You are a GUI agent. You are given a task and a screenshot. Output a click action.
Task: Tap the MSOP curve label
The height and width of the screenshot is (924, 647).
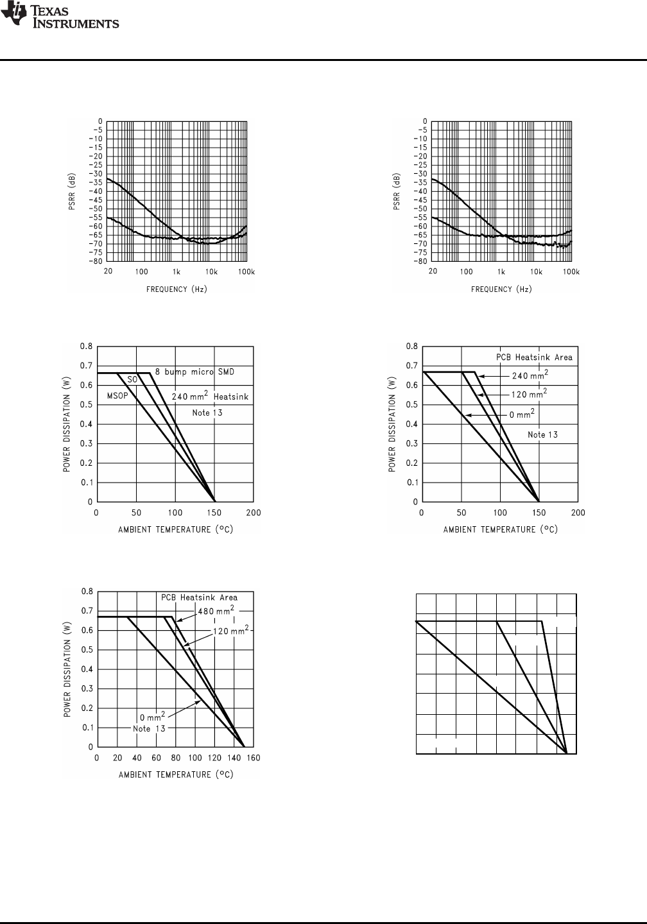pyautogui.click(x=117, y=396)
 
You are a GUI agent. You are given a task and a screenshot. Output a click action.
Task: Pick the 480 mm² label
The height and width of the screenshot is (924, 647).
pyautogui.click(x=215, y=610)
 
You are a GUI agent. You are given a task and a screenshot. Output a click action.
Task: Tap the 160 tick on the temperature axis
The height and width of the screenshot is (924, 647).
pyautogui.click(x=254, y=758)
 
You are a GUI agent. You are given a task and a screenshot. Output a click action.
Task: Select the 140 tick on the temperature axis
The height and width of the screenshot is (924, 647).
pyautogui.click(x=234, y=758)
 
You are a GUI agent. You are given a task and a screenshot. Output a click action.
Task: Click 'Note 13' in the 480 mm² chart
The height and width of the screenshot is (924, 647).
pyautogui.click(x=150, y=729)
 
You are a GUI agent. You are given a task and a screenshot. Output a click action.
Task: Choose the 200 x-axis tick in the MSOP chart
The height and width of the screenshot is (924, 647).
pyautogui.click(x=254, y=513)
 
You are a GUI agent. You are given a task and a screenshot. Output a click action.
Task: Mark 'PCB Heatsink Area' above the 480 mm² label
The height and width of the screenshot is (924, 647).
pyautogui.click(x=199, y=597)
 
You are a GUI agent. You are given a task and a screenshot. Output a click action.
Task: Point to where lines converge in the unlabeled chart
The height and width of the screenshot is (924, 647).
pyautogui.click(x=566, y=753)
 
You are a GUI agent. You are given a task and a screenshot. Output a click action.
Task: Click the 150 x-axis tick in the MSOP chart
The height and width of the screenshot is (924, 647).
pyautogui.click(x=214, y=513)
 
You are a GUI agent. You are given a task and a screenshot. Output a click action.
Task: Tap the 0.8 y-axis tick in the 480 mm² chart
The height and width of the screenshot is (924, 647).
pyautogui.click(x=86, y=591)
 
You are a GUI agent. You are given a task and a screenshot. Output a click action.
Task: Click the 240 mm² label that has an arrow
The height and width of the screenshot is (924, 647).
pyautogui.click(x=530, y=375)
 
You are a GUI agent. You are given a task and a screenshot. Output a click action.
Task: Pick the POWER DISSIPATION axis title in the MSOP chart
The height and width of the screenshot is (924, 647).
pyautogui.click(x=67, y=424)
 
